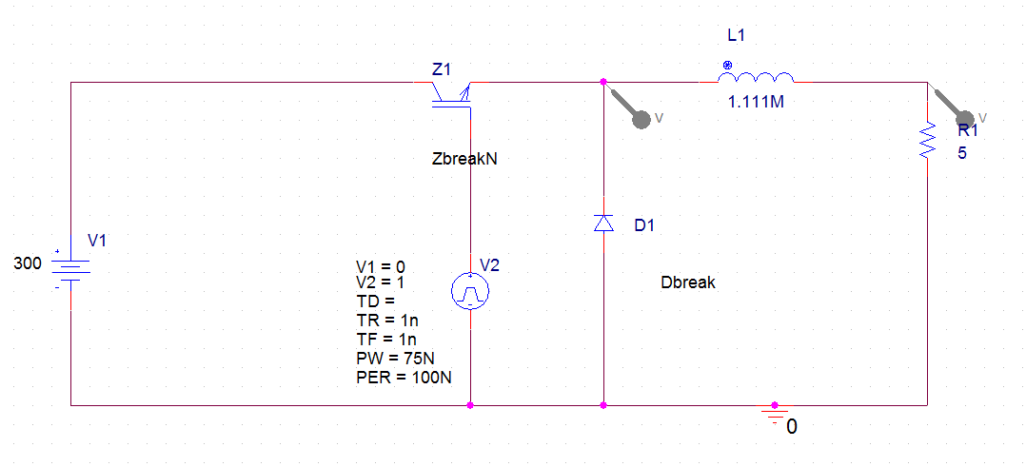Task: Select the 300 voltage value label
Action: [x=28, y=263]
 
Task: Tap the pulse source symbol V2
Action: [x=470, y=290]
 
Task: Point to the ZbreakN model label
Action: [x=464, y=160]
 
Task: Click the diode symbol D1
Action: [x=603, y=224]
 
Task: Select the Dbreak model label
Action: [x=687, y=282]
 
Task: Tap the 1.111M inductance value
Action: [x=756, y=103]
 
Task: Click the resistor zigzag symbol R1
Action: [x=927, y=142]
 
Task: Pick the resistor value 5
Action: [x=962, y=152]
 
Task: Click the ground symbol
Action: [x=775, y=413]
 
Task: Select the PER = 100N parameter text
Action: [x=404, y=378]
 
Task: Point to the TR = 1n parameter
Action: [x=387, y=321]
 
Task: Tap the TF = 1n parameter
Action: [x=387, y=340]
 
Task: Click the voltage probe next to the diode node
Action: [x=641, y=117]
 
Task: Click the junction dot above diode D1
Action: [x=603, y=82]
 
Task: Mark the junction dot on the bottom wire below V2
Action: [x=470, y=404]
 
